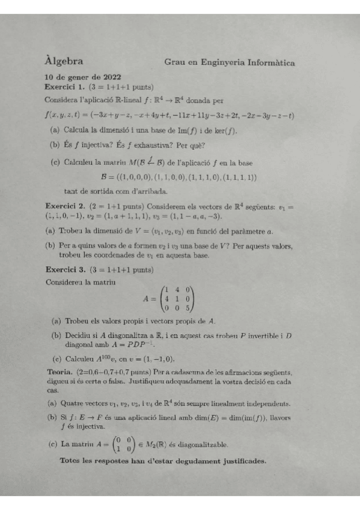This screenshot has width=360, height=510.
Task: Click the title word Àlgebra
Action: click(64, 61)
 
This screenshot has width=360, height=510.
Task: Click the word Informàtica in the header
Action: click(268, 62)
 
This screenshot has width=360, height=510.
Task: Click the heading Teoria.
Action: click(60, 371)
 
